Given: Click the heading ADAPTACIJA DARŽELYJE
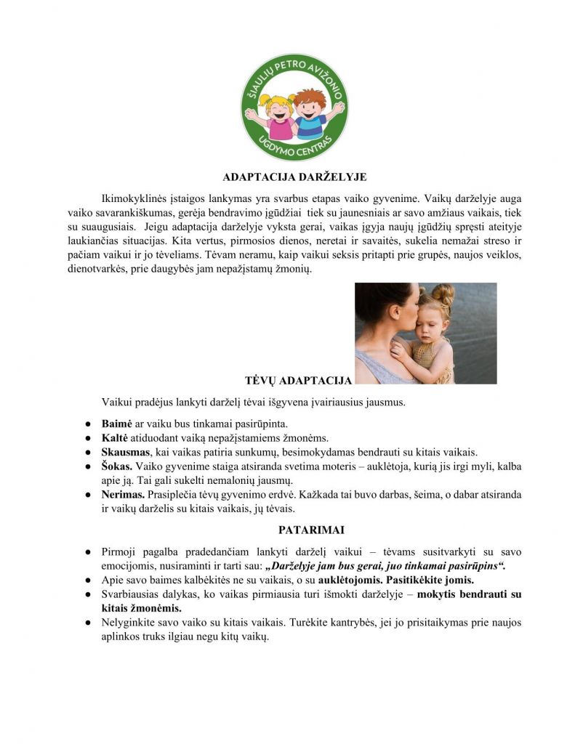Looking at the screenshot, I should pyautogui.click(x=294, y=177).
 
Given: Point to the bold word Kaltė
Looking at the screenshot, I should pyautogui.click(x=114, y=437).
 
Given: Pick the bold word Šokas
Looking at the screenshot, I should pyautogui.click(x=117, y=466).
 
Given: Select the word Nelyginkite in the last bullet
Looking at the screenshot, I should pyautogui.click(x=132, y=623).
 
